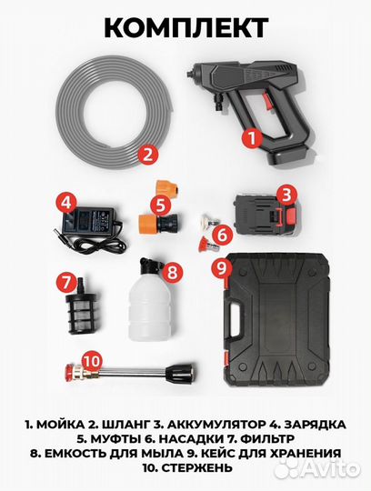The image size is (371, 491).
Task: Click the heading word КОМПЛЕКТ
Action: point(185,26)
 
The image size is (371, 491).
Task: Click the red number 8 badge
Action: point(220,267)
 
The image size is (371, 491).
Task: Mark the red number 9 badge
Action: point(89,359)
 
